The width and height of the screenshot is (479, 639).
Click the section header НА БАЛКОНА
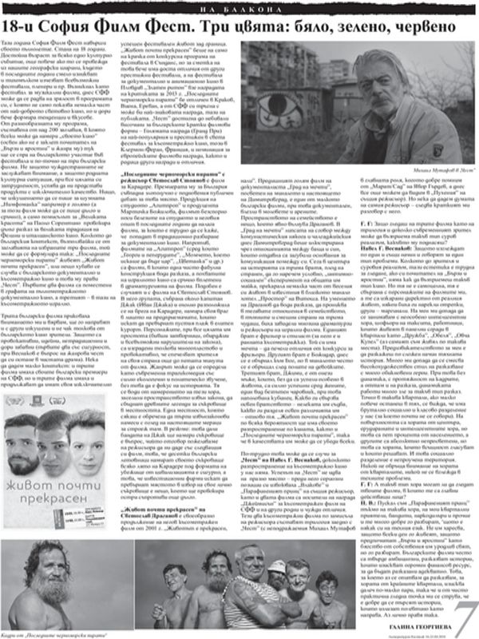point(239,7)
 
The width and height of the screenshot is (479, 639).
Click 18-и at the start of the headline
point(25,26)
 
